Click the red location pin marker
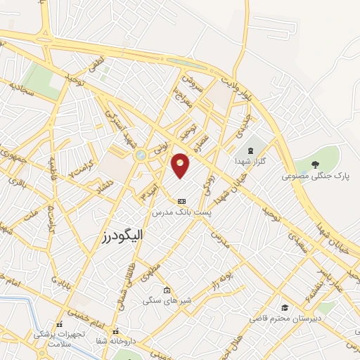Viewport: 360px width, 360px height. tap(181, 165)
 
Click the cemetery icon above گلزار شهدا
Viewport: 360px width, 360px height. tap(251, 150)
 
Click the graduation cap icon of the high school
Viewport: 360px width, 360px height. tap(285, 308)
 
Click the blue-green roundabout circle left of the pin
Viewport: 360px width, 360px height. tap(141, 155)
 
